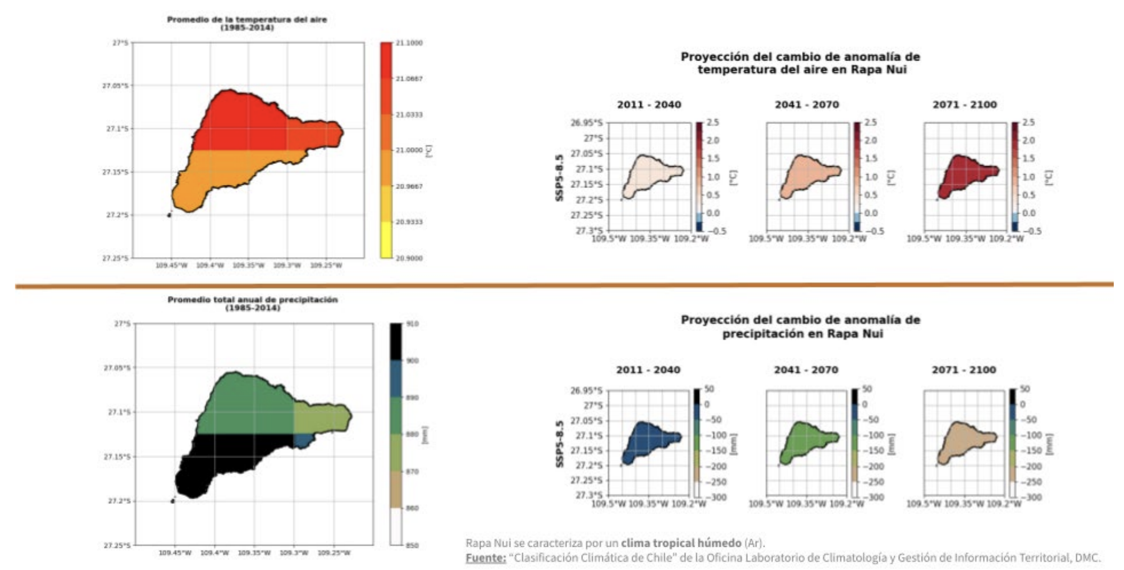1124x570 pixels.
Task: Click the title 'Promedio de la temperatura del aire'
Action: tap(247, 20)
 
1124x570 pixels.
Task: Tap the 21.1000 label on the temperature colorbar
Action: tap(409, 43)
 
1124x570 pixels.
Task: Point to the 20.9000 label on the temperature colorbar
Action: tap(409, 258)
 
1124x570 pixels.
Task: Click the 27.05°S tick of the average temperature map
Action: tap(115, 86)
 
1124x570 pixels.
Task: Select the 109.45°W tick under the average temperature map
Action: tap(171, 265)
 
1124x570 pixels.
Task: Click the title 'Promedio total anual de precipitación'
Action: tap(253, 299)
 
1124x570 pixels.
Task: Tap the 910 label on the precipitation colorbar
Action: tap(412, 324)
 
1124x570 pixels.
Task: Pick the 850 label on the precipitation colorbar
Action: tap(412, 545)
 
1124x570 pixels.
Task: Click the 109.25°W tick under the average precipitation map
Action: tap(334, 553)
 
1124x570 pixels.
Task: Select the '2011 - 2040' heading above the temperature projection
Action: tap(649, 105)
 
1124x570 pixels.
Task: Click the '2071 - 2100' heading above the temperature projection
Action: tap(965, 105)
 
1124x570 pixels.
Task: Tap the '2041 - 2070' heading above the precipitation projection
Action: tap(806, 370)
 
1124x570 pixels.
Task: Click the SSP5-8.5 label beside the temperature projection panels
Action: tap(560, 177)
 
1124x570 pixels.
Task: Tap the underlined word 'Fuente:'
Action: tap(486, 557)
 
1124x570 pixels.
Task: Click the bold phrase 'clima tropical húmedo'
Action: tap(681, 543)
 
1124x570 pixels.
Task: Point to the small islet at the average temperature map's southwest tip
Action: tap(169, 215)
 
